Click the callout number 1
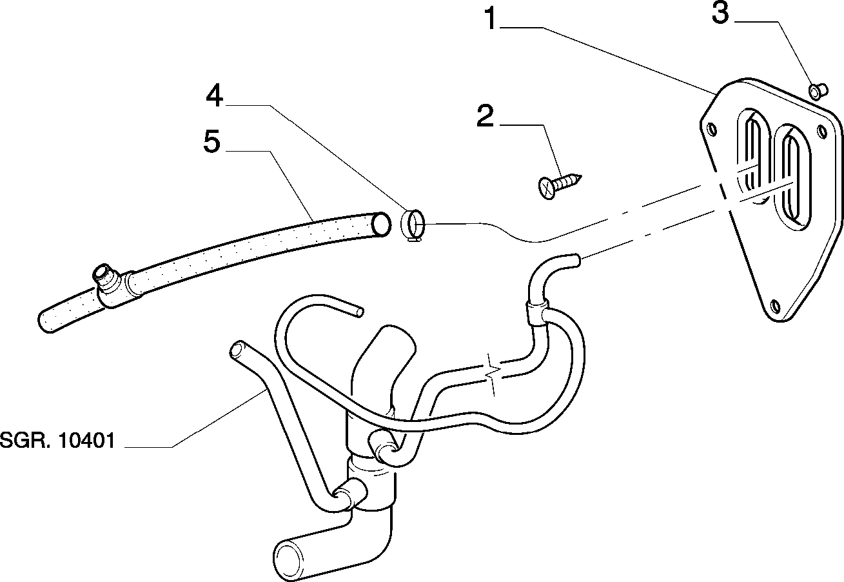(x=490, y=19)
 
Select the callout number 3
(x=720, y=14)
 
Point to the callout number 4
(x=215, y=95)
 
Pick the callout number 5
(x=211, y=141)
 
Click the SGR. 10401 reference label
(x=57, y=440)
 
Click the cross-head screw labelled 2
(x=560, y=185)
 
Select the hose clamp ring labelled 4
(x=413, y=225)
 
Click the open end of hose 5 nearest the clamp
(x=381, y=225)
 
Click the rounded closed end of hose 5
(x=45, y=321)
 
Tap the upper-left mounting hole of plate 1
(x=711, y=129)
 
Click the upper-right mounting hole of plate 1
(x=822, y=131)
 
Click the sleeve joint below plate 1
(x=537, y=313)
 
